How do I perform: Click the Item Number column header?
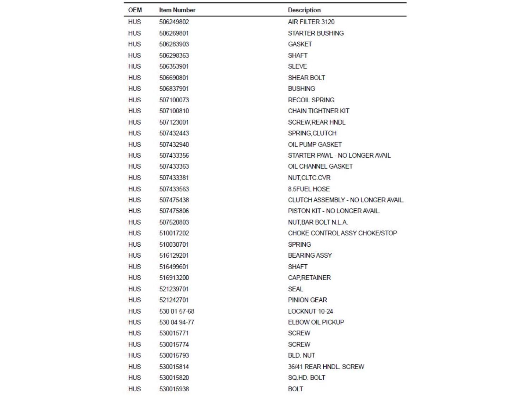point(177,10)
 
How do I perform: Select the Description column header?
point(304,10)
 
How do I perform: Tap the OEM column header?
point(135,10)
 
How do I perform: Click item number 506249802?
point(174,22)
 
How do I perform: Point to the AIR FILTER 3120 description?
point(311,22)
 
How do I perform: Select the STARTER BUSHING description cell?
point(316,33)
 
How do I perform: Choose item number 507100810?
point(174,111)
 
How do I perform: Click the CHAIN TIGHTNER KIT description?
point(318,111)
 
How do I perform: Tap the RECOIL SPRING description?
point(311,100)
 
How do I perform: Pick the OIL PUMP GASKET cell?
point(315,144)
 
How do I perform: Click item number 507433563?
point(174,189)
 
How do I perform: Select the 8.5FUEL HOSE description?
point(309,189)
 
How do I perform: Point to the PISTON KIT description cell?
point(334,211)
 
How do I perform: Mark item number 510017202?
point(174,233)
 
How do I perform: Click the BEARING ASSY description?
point(310,255)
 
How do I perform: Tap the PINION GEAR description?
point(307,300)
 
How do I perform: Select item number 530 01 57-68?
point(177,311)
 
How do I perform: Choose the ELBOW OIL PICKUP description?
point(316,322)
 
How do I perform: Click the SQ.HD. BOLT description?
point(306,378)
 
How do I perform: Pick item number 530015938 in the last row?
point(174,389)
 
